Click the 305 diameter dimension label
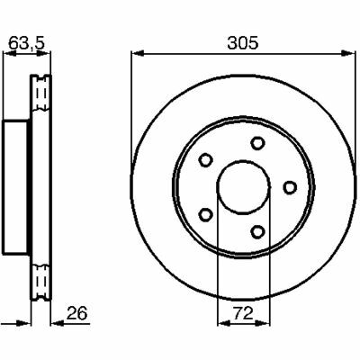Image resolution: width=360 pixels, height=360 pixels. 243,43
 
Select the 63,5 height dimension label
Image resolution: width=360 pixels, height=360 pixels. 26,43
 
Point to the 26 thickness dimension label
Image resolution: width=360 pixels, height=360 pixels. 77,313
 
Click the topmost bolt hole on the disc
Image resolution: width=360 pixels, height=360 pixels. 257,143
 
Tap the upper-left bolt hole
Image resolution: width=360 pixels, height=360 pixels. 206,160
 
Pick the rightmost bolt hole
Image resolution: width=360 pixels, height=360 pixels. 290,187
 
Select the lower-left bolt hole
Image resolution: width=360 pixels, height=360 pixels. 206,215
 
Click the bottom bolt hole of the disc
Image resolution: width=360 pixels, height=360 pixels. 257,231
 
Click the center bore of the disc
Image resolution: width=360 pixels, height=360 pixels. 244,187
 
